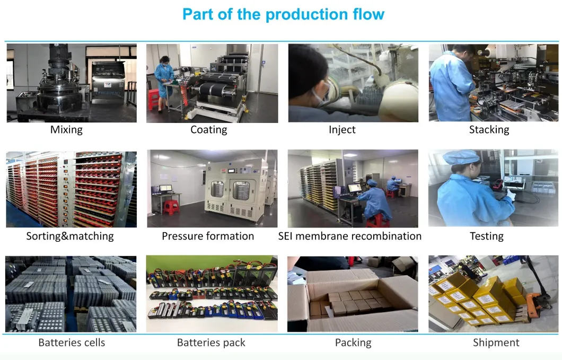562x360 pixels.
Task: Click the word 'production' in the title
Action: [306, 15]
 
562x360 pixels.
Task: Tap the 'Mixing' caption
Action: [66, 129]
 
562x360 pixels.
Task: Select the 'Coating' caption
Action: [208, 129]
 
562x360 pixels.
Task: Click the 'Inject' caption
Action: [342, 129]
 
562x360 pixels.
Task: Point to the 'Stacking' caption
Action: [489, 129]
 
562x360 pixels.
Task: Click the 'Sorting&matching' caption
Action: [70, 236]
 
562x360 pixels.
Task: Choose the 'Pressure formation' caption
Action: [208, 236]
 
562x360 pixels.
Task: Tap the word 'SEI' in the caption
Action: [285, 236]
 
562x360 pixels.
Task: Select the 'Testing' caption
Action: [486, 236]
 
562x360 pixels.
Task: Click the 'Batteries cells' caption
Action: [72, 343]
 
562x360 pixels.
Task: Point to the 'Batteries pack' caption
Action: [211, 343]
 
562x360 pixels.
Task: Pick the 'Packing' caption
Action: [353, 343]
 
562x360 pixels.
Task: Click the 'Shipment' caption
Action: [496, 343]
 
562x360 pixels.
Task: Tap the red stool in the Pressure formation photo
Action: [171, 207]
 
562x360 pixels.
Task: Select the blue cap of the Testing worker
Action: [461, 157]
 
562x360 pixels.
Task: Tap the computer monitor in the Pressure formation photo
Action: [165, 188]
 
